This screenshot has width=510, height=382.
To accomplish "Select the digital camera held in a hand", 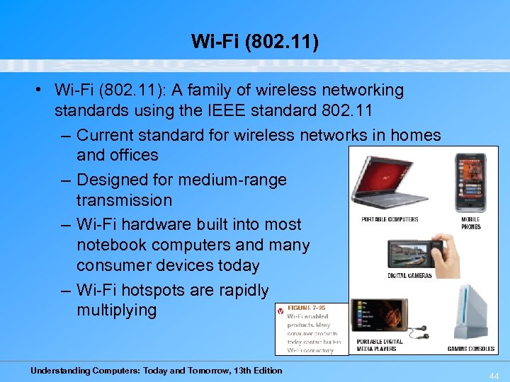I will pyautogui.click(x=414, y=255).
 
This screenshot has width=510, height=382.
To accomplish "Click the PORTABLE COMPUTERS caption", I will pyautogui.click(x=390, y=219).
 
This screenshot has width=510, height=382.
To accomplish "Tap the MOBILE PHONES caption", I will pyautogui.click(x=470, y=223).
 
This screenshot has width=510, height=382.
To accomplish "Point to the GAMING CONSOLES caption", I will pyautogui.click(x=470, y=348).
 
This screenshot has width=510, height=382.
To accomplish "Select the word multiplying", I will pyautogui.click(x=116, y=311).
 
